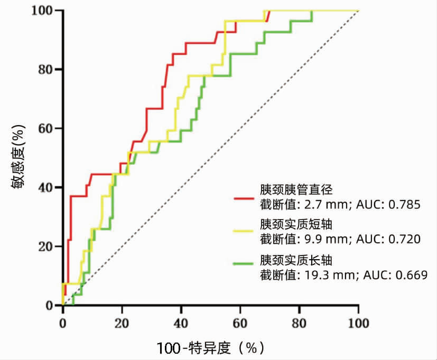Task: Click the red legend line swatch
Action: tap(246, 197)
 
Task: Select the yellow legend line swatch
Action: tap(246, 231)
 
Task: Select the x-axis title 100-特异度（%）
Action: tap(210, 348)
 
